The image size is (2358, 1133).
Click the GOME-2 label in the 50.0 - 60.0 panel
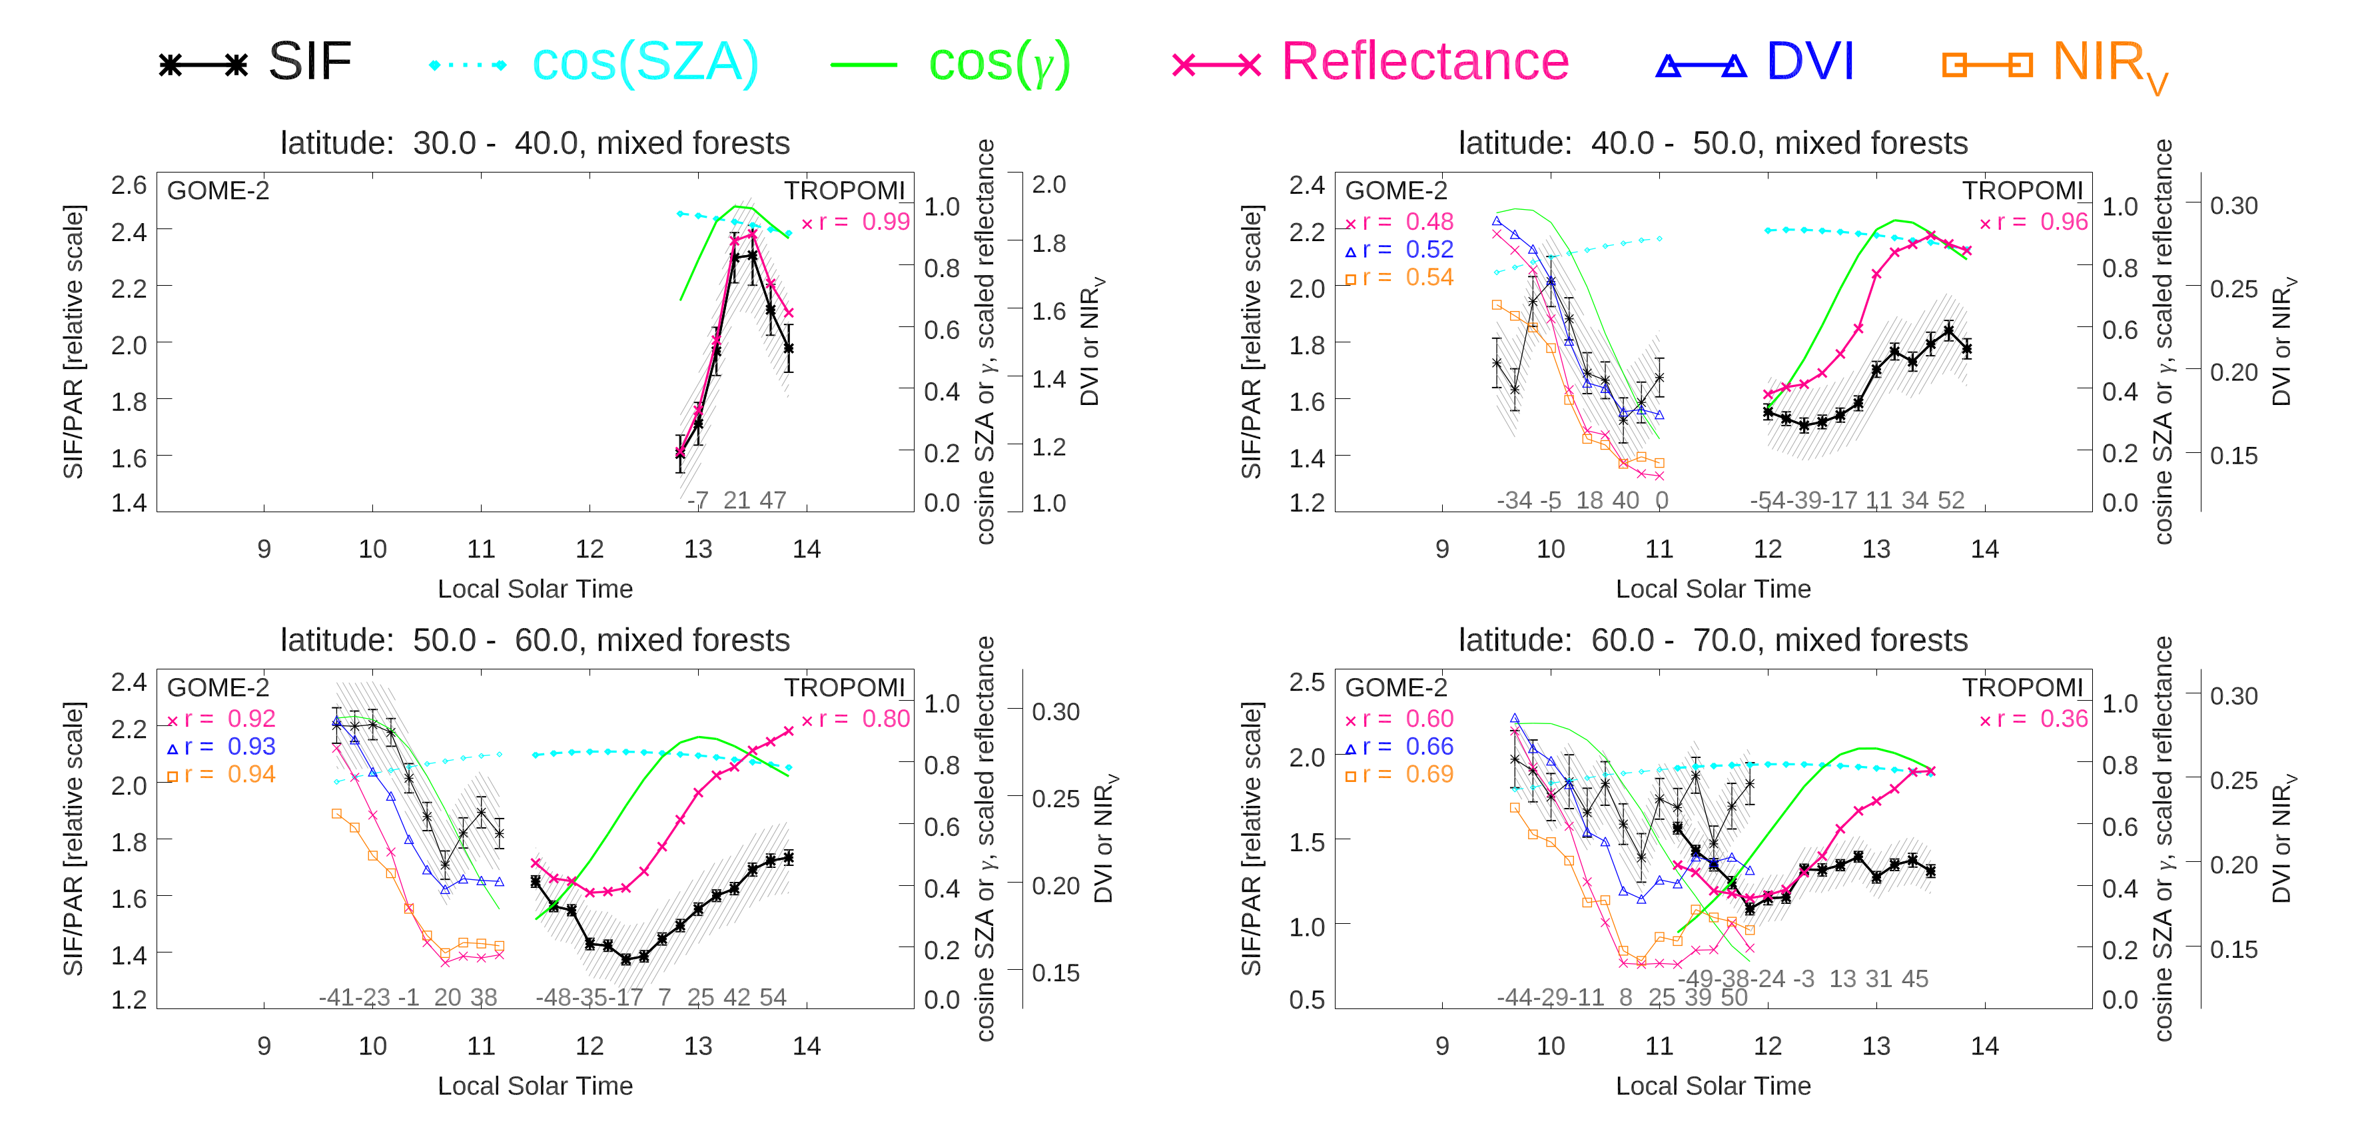(x=218, y=687)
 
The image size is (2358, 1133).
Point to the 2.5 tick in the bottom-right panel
(x=1306, y=682)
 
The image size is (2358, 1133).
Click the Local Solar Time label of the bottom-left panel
(x=535, y=1086)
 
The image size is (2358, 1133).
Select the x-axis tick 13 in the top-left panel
(x=697, y=549)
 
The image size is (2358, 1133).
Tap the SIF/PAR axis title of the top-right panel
(x=1252, y=341)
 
